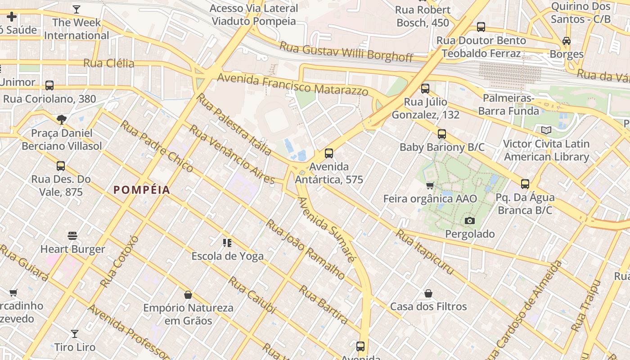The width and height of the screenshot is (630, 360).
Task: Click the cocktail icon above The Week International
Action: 76,9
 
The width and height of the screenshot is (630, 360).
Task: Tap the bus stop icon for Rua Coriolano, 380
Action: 49,85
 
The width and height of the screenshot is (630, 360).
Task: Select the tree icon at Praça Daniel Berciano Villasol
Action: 62,120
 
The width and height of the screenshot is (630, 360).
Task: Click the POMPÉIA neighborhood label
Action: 142,190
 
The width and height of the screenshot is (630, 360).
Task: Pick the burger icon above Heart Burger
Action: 72,236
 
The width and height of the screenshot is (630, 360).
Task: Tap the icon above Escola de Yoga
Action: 227,243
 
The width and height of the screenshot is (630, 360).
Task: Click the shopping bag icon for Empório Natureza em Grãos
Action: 188,295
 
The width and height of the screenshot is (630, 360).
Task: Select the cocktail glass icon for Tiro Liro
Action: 75,334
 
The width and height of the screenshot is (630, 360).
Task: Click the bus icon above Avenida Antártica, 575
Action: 329,153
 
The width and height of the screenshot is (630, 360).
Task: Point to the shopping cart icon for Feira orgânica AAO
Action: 430,185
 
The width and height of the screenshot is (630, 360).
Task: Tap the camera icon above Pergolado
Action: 470,220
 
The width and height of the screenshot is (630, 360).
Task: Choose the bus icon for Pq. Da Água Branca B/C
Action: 525,184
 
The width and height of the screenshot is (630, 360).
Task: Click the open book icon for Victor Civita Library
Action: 546,130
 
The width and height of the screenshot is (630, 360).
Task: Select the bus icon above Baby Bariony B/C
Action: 442,134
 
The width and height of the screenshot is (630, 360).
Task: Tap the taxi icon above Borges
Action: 567,41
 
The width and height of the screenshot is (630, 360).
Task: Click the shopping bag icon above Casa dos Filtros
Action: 428,293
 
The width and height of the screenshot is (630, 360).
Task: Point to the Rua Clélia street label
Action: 109,63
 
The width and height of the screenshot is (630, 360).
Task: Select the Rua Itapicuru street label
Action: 425,252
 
